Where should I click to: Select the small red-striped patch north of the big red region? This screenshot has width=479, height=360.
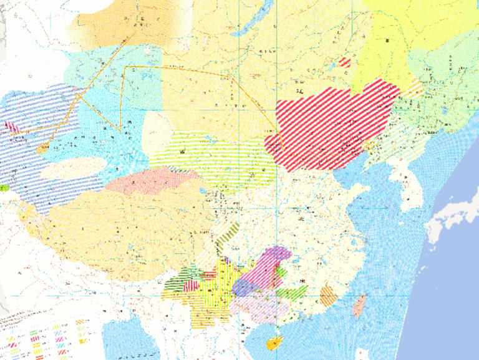point(345,62)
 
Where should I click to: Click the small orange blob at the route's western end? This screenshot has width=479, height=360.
point(42,149)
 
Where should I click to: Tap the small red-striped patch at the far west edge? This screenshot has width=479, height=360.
point(12,127)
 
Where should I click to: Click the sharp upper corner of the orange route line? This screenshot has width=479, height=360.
point(125,66)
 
